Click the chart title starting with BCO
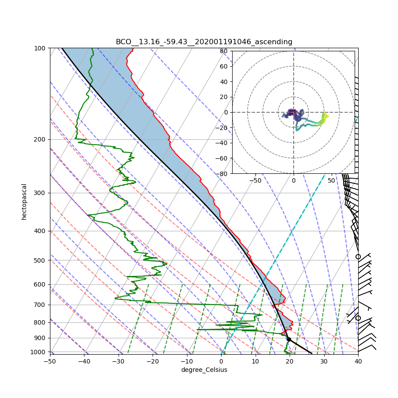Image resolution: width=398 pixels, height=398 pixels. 204,42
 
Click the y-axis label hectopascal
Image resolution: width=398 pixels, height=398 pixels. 24,201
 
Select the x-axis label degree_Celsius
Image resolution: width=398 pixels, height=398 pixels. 204,370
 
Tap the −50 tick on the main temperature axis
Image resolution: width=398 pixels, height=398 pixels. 50,361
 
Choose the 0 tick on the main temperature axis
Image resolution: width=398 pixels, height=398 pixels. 221,361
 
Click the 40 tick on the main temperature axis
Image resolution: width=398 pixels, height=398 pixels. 358,361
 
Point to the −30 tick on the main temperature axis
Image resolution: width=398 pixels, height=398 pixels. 118,361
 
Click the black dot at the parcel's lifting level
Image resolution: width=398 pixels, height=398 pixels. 289,339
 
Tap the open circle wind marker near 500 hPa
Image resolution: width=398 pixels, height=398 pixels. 358,256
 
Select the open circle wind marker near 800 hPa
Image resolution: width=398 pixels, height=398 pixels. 358,318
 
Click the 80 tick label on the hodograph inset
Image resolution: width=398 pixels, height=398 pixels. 223,51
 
